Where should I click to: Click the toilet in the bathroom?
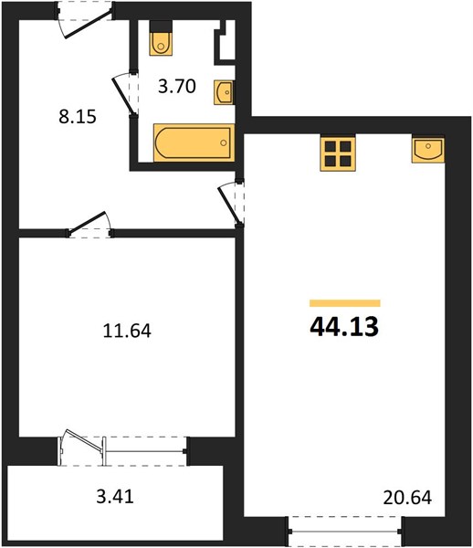[161, 44]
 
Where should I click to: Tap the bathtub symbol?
[194, 142]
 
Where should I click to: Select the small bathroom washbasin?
[224, 92]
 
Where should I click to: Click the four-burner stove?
[338, 153]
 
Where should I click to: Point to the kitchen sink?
[428, 149]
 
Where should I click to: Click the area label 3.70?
[177, 87]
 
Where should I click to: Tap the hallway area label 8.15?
[78, 117]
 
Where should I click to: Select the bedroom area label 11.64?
[127, 331]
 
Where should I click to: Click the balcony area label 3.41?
[115, 496]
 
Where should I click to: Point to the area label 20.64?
[407, 498]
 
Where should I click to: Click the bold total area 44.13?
[344, 327]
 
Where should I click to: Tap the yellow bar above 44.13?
[345, 303]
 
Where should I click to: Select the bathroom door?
[123, 94]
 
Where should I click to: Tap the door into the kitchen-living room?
[229, 204]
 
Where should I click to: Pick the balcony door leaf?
[84, 441]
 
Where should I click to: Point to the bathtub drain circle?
[224, 142]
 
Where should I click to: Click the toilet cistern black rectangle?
[161, 26]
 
